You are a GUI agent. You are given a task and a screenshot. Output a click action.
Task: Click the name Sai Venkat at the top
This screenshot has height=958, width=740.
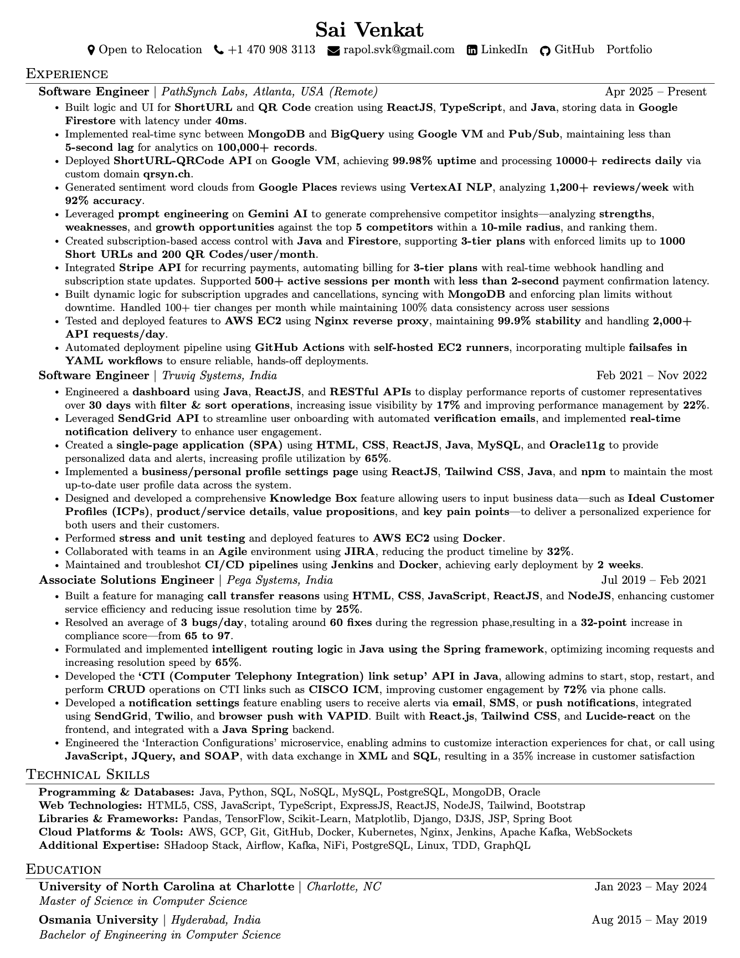[x=369, y=29]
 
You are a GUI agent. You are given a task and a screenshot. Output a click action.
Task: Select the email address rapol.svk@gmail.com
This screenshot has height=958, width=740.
[x=399, y=50]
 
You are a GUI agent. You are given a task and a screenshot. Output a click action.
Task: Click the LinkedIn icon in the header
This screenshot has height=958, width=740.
[x=472, y=50]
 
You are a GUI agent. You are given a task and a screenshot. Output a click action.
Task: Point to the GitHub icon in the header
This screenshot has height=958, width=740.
[x=545, y=50]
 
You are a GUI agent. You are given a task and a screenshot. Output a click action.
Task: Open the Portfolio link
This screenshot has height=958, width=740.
[x=629, y=50]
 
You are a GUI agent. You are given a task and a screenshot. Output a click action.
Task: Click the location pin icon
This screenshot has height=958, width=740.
[x=91, y=50]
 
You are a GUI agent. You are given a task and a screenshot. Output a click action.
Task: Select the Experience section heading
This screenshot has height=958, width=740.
[x=67, y=74]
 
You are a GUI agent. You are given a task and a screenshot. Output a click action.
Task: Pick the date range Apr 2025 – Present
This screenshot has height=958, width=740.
[x=656, y=92]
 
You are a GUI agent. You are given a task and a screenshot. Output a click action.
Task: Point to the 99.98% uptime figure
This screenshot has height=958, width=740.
[x=434, y=161]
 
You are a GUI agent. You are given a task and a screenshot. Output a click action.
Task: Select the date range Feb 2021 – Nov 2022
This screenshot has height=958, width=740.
[x=651, y=376]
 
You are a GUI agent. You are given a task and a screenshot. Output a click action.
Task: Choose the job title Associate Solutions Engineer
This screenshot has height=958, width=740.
[x=126, y=580]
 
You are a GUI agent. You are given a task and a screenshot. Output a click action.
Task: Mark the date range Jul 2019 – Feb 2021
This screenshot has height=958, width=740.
[x=654, y=580]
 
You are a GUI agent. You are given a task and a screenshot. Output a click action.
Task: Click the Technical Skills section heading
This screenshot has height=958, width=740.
[x=88, y=774]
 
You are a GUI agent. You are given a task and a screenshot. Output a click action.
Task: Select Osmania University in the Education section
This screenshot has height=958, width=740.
[x=98, y=920]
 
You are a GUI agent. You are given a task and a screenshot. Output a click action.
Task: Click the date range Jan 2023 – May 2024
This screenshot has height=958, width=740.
[x=651, y=887]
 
